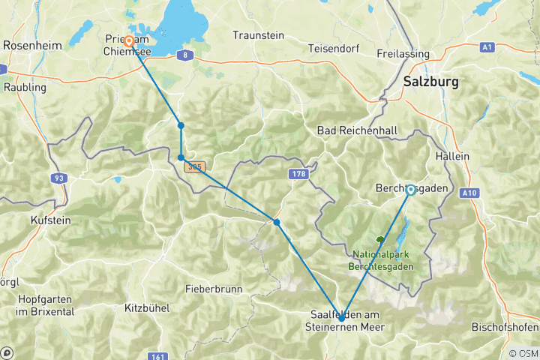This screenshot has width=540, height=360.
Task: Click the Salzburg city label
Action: coord(435,80)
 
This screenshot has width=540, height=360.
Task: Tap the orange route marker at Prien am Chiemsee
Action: coord(129,41)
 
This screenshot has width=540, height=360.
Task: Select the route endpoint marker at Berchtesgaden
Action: coord(411,190)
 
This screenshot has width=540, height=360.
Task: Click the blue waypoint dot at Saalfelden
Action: coord(341,318)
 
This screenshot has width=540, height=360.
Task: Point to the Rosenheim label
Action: coord(32,45)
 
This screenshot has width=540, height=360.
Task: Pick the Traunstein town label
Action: coord(258,35)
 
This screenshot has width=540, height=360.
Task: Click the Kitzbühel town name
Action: coord(148,307)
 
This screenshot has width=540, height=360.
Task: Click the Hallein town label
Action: coord(451,156)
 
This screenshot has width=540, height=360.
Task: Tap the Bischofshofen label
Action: coord(504,327)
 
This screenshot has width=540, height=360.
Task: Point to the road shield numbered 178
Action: coord(297,174)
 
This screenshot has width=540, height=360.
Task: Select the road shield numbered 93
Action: coord(58,178)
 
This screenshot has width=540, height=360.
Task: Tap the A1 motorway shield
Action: coord(487,46)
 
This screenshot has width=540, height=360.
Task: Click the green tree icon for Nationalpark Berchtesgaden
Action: coord(380,240)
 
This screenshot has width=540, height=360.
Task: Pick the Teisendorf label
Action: coord(334,49)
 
